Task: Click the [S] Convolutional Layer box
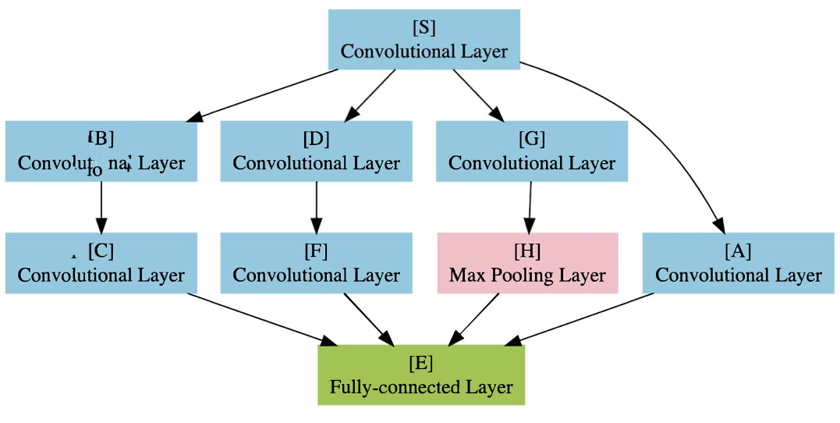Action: point(424,40)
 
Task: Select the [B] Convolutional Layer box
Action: point(101,151)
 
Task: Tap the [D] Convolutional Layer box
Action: point(316,151)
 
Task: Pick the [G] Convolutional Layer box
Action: point(531,151)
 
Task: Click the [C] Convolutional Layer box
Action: point(101,263)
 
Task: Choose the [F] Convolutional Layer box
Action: point(316,263)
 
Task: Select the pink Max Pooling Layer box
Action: point(527,263)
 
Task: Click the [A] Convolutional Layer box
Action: point(738,263)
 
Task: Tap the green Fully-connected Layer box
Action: point(421,375)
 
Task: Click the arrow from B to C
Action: point(101,207)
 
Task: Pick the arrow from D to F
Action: point(316,207)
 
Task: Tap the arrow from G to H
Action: point(530,207)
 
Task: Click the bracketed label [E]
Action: point(421,364)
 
